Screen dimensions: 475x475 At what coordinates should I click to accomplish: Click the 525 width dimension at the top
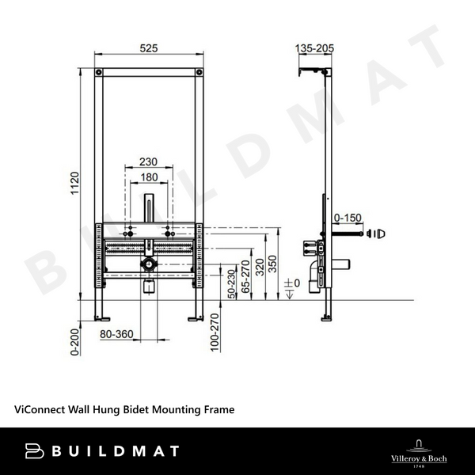click(149, 48)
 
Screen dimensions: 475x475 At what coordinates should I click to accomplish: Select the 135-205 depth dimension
click(314, 48)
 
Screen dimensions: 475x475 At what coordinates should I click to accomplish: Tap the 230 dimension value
click(148, 161)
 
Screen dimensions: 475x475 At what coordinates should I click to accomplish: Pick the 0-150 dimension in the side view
click(347, 216)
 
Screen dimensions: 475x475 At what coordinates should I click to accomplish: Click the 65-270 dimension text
click(245, 277)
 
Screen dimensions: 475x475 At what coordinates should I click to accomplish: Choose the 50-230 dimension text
click(231, 283)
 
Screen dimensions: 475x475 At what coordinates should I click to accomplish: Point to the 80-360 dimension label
click(116, 334)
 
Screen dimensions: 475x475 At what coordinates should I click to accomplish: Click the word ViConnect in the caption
click(39, 410)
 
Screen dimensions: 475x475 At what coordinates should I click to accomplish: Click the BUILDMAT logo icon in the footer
click(36, 451)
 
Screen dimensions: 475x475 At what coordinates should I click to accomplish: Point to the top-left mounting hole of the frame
click(99, 73)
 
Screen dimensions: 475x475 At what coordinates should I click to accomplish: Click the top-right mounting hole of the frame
click(199, 73)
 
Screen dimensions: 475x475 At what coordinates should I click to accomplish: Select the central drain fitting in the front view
click(148, 264)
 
